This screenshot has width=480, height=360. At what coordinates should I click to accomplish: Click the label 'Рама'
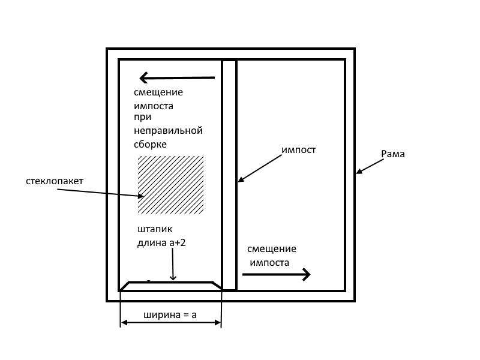coord(393,154)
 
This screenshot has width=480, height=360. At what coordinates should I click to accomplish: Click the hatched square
coord(170,185)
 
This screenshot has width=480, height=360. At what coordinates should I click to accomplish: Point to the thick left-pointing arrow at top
coord(176,77)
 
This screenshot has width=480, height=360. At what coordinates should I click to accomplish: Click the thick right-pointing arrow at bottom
coord(276,275)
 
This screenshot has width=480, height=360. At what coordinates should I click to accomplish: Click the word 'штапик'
coord(155,230)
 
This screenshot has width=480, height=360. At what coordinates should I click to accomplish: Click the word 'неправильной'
coord(169,130)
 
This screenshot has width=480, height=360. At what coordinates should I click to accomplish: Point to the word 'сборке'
coord(150,144)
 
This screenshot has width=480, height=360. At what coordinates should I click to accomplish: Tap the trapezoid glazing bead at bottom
coord(171,286)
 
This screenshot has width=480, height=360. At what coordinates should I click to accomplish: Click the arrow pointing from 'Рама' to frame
coord(368,166)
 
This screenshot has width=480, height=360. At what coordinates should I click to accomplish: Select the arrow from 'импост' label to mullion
coord(260,167)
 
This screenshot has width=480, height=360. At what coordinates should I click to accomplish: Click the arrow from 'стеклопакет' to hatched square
coord(100,192)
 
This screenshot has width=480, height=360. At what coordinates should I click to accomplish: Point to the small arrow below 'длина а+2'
coord(173,265)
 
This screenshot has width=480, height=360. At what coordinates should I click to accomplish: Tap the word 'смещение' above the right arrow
coord(272,249)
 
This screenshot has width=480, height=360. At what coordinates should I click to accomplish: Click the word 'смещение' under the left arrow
coord(158,92)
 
